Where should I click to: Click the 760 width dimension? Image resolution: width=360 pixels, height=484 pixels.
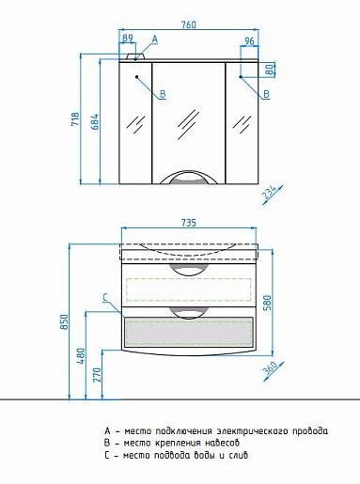pyautogui.click(x=189, y=24)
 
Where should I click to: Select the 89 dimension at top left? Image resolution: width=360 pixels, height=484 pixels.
pyautogui.click(x=127, y=38)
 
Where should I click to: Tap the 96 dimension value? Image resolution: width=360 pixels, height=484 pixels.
pyautogui.click(x=249, y=40)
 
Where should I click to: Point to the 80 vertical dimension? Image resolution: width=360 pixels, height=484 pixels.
pyautogui.click(x=270, y=70)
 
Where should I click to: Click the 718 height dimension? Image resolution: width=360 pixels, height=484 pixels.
pyautogui.click(x=75, y=119)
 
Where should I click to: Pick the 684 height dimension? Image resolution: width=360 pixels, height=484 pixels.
pyautogui.click(x=95, y=121)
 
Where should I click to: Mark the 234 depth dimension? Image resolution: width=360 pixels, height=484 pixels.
pyautogui.click(x=269, y=193)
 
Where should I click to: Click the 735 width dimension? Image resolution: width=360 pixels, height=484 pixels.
pyautogui.click(x=189, y=223)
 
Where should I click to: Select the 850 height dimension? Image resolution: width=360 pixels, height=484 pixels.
pyautogui.click(x=64, y=321)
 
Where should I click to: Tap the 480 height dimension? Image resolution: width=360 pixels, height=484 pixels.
pyautogui.click(x=81, y=356)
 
